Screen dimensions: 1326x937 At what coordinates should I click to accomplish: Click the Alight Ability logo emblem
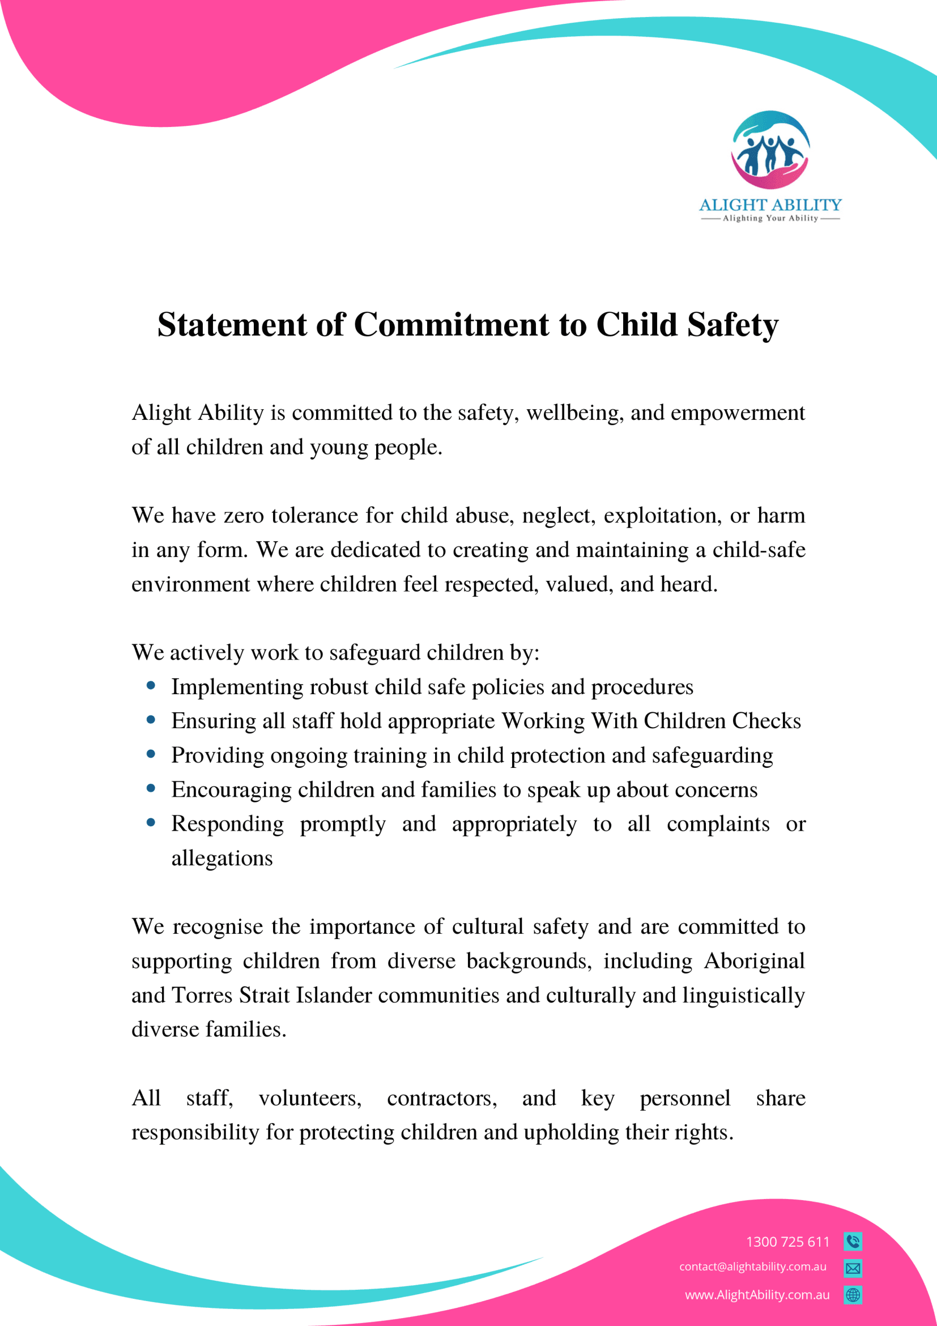coord(770,150)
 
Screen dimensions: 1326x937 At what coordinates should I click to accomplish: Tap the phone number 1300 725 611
coord(787,1242)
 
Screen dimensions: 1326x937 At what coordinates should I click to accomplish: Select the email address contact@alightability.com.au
coord(752,1266)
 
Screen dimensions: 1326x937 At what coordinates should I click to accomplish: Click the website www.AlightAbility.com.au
coord(757,1295)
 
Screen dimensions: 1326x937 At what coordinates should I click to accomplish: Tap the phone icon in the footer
coord(853,1241)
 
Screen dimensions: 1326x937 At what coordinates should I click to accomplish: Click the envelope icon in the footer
coord(853,1268)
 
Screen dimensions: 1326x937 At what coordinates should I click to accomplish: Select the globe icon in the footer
coord(853,1295)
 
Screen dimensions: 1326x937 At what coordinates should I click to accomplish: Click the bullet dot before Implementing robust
coord(151,686)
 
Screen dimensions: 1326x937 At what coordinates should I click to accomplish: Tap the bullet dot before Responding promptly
coord(151,822)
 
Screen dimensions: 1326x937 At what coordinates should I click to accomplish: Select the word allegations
coord(222,858)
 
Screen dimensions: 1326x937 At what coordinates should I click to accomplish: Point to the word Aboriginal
coord(754,961)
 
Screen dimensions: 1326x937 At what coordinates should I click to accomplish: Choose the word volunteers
coord(310,1098)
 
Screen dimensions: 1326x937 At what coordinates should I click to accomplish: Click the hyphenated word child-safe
coord(759,550)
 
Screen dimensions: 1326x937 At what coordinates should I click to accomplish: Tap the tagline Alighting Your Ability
coord(770,218)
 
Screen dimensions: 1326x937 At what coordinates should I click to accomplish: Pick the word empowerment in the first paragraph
coord(737,413)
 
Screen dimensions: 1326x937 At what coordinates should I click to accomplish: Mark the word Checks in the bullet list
coord(766,721)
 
